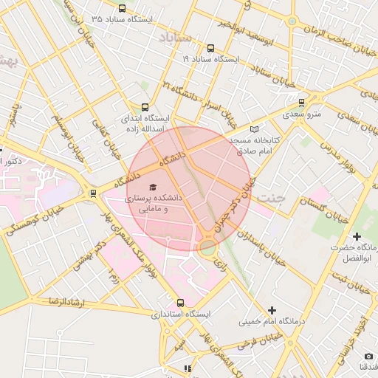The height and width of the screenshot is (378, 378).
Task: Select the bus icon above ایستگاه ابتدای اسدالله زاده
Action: click(145, 106)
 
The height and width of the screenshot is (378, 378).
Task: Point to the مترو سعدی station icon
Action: click(301, 103)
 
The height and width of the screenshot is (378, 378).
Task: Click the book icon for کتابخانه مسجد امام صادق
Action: click(255, 128)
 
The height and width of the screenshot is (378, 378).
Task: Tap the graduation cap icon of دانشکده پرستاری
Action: click(153, 188)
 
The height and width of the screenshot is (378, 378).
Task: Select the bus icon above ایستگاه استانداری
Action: click(181, 303)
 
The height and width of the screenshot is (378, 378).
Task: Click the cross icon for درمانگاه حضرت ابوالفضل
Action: click(357, 236)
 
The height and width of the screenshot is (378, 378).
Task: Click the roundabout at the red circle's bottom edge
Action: click(207, 246)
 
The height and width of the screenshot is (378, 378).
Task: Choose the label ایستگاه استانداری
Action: click(181, 315)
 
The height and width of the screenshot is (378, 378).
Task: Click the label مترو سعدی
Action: click(301, 114)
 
